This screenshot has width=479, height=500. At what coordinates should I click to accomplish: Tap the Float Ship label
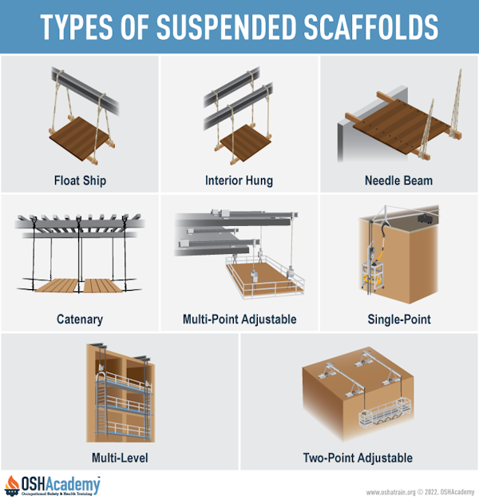[x=79, y=181]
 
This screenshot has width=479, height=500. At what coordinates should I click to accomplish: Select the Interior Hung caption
[x=239, y=181]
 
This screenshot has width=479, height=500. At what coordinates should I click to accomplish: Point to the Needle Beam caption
[x=399, y=181]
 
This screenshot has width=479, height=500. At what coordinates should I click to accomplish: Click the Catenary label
[x=79, y=319]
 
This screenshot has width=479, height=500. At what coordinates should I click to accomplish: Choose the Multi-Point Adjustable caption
[x=239, y=319]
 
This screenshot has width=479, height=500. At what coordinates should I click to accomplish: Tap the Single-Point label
[x=399, y=319]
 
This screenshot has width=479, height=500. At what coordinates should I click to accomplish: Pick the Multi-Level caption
[x=120, y=458]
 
